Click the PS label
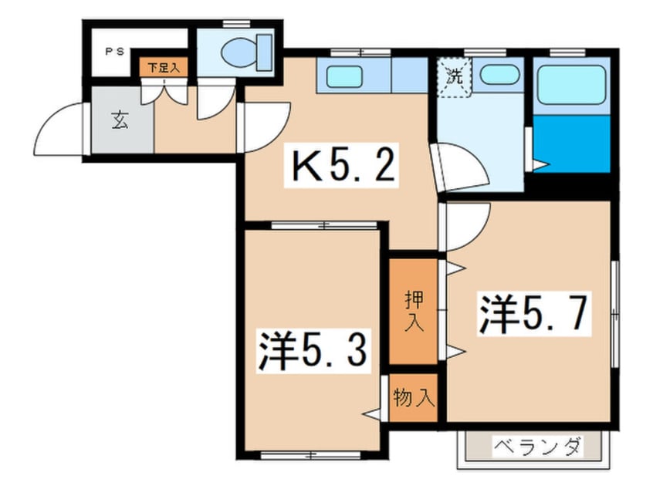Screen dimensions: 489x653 (x=115, y=53)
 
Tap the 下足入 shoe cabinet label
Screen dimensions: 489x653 (x=164, y=68)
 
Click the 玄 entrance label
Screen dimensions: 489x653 (x=120, y=120)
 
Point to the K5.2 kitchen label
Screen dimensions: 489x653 (x=343, y=166)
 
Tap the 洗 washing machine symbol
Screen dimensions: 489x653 (x=455, y=76)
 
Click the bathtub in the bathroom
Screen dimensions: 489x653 (x=571, y=84)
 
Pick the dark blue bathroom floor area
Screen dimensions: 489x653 (x=571, y=144)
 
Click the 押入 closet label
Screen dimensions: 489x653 (x=414, y=310)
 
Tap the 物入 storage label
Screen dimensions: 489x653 (x=414, y=398)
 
